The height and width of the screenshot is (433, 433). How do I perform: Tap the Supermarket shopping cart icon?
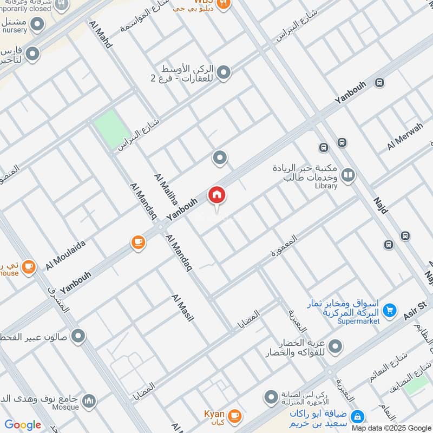click(x=389, y=311)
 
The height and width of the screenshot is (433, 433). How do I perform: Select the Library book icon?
click(x=348, y=175)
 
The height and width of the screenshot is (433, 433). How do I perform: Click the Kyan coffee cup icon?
click(x=234, y=415)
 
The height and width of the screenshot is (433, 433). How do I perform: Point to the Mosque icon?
click(x=90, y=401)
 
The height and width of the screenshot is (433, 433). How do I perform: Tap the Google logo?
click(x=23, y=425)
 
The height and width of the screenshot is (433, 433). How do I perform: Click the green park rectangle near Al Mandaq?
click(x=112, y=129)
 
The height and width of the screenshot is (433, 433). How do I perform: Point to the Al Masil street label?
click(x=182, y=308)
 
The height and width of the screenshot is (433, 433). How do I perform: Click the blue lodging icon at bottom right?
click(x=357, y=417)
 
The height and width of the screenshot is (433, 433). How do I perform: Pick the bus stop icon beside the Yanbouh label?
click(x=379, y=83)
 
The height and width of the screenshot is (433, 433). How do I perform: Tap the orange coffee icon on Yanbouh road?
click(x=139, y=242)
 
